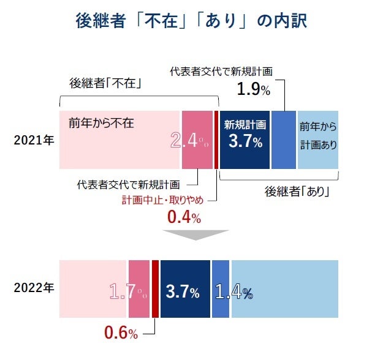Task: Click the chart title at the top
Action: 186,20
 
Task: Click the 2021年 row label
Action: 34,140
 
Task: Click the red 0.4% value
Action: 184,217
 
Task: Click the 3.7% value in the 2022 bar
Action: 183,292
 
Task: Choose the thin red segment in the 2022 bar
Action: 155,288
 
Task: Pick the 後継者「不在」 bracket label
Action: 107,83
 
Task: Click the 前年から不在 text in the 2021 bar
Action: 101,122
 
